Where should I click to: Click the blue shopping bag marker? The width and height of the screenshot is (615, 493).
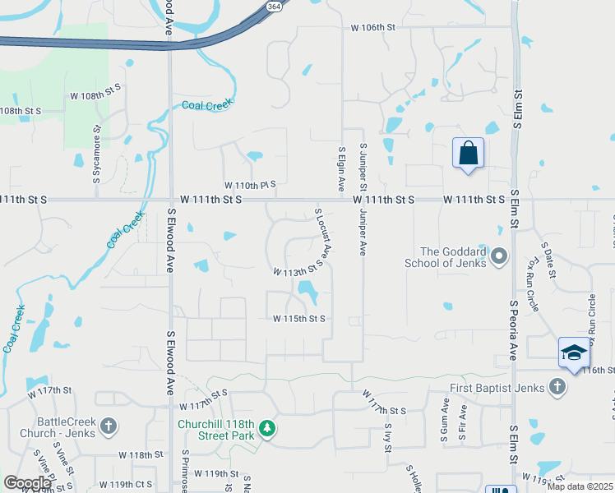pos(468,154)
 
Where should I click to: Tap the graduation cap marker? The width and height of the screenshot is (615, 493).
pos(574,352)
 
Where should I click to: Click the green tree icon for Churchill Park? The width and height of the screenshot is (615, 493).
pos(266,427)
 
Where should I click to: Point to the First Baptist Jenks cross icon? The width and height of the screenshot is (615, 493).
pos(557,387)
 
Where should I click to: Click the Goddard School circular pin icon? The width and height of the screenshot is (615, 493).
pos(499,257)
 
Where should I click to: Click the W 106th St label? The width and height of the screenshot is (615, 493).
pos(373,27)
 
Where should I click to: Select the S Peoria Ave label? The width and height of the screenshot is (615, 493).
pos(511,330)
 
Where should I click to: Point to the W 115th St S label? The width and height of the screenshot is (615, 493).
pos(300,319)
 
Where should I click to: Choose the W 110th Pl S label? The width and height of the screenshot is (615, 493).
pos(250,185)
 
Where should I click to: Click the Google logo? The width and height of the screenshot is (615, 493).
pos(27,483)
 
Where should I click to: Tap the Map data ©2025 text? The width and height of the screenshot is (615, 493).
pos(580,486)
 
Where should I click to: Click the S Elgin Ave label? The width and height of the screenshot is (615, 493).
pos(340,170)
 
